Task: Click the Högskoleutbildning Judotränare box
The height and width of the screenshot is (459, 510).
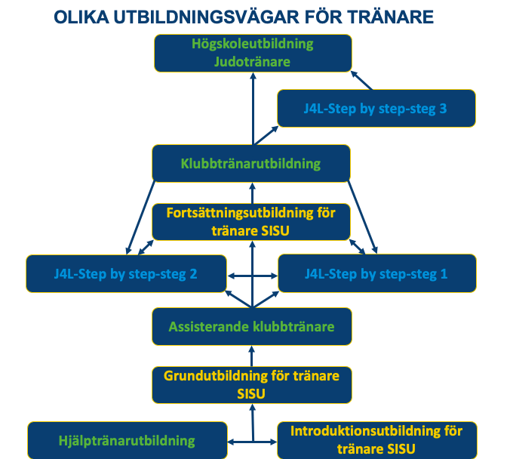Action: click(x=253, y=53)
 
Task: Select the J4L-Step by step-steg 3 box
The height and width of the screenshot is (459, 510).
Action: click(x=376, y=109)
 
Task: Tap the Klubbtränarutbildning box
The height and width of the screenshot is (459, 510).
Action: click(x=251, y=163)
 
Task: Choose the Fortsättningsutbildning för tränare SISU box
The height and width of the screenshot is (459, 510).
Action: click(x=251, y=222)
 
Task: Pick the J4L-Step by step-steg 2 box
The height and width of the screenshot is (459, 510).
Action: click(x=126, y=274)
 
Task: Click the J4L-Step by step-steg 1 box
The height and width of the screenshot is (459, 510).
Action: click(x=377, y=273)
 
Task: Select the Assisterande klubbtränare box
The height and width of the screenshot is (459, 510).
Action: click(x=252, y=326)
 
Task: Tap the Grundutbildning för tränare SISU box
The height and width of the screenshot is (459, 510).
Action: click(x=252, y=385)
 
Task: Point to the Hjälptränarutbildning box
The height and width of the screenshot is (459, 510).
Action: click(x=127, y=440)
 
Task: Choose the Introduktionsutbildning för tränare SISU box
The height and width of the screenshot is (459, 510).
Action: click(x=377, y=440)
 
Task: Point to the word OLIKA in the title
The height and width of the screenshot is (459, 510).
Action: click(x=81, y=17)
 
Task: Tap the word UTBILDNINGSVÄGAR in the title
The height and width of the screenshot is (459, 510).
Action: click(x=206, y=17)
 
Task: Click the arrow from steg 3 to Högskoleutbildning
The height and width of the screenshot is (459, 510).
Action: click(x=361, y=81)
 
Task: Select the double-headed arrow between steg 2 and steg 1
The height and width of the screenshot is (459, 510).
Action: click(x=253, y=276)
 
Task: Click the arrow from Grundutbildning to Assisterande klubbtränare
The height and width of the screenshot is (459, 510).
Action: click(x=251, y=356)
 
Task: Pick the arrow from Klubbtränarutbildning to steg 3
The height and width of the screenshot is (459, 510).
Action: click(x=266, y=135)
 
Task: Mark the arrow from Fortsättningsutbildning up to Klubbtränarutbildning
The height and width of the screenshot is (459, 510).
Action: click(x=253, y=193)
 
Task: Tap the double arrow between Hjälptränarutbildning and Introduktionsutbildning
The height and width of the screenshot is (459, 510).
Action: click(x=252, y=442)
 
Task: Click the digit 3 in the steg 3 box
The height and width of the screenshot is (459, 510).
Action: click(x=443, y=109)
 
